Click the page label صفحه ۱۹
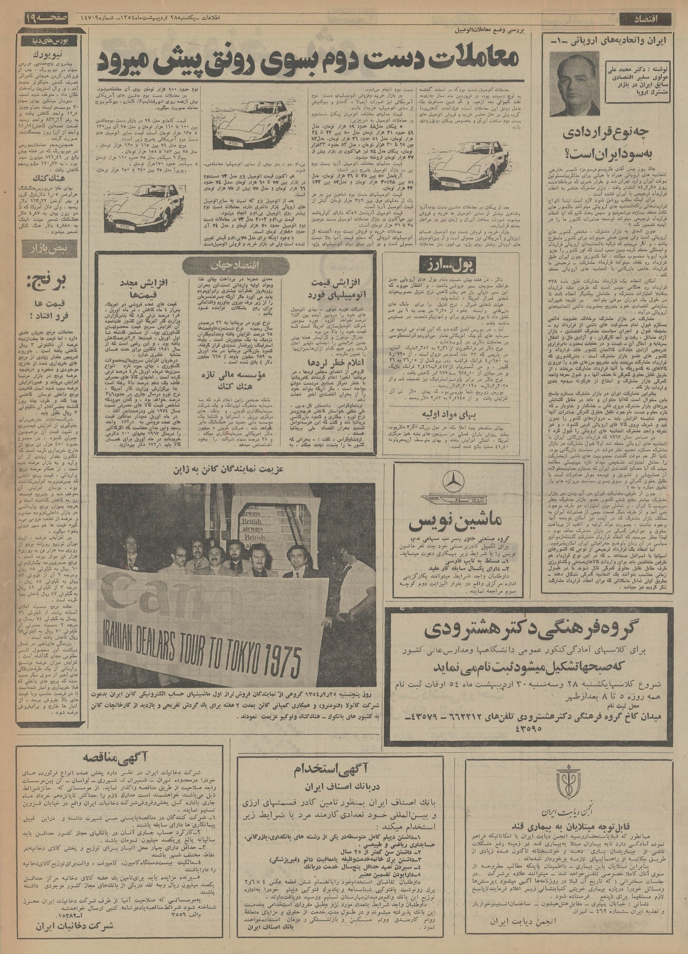(x=42, y=19)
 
